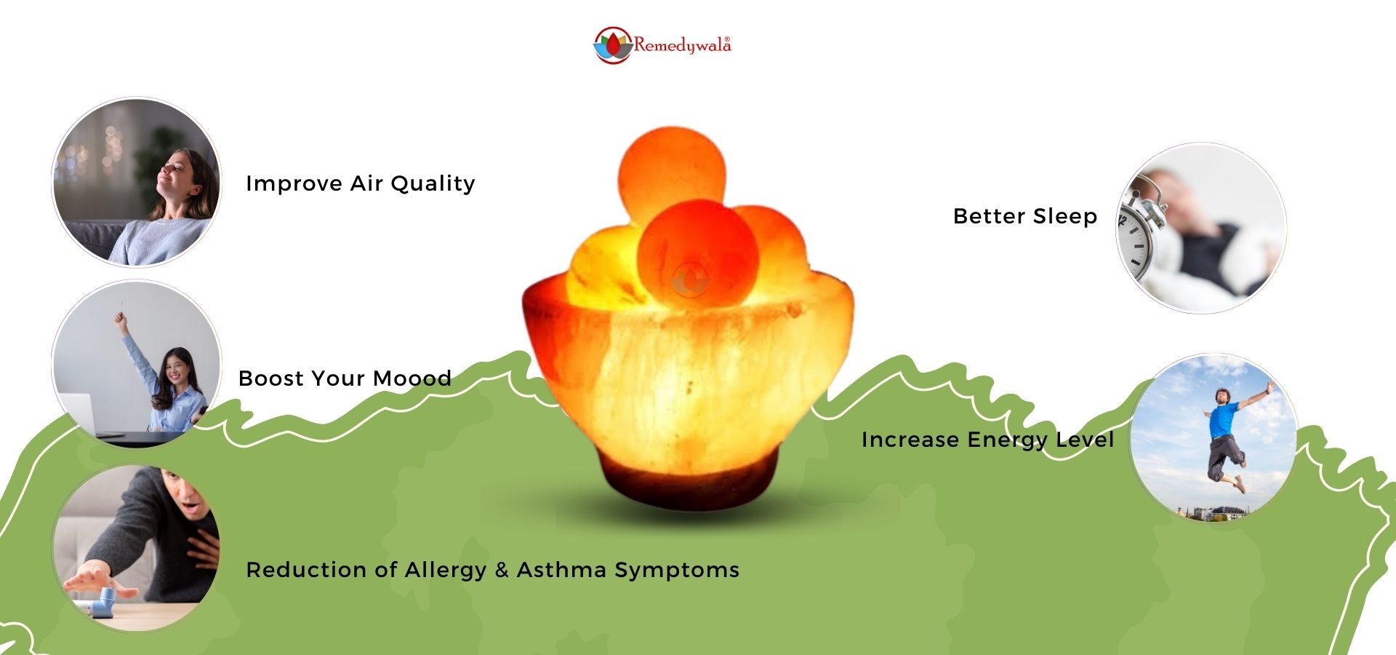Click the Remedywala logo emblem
[613, 45]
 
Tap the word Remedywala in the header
[682, 45]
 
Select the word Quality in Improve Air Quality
[433, 184]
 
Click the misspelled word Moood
[412, 378]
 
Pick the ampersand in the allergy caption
[502, 570]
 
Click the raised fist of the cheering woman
[119, 318]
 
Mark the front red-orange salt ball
[697, 256]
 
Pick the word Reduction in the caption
[306, 569]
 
